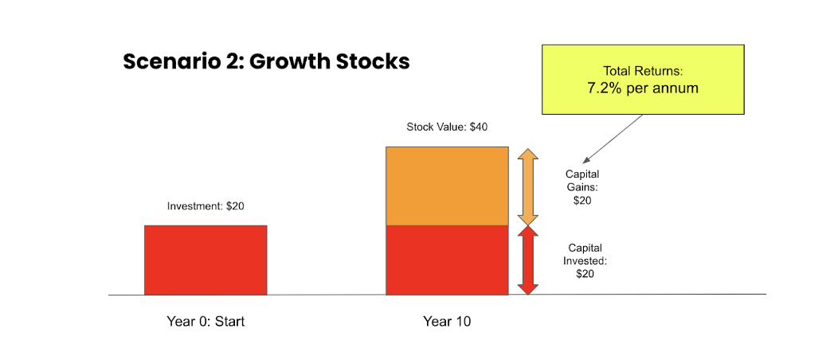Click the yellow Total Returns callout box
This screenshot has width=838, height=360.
643,80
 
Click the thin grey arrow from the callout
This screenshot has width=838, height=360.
613,139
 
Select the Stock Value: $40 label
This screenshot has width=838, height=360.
448,127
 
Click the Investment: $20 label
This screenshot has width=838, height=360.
206,206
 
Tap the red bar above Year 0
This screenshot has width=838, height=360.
206,260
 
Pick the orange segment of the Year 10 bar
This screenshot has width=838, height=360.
448,186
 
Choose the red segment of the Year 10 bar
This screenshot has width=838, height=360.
448,260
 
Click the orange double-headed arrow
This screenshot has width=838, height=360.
528,186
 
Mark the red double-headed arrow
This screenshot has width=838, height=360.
528,260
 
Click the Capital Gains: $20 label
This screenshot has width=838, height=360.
582,187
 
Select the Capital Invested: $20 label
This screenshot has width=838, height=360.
585,261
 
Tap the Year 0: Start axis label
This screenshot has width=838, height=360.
206,322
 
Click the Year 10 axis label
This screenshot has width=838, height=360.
448,322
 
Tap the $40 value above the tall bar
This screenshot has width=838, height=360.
478,127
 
